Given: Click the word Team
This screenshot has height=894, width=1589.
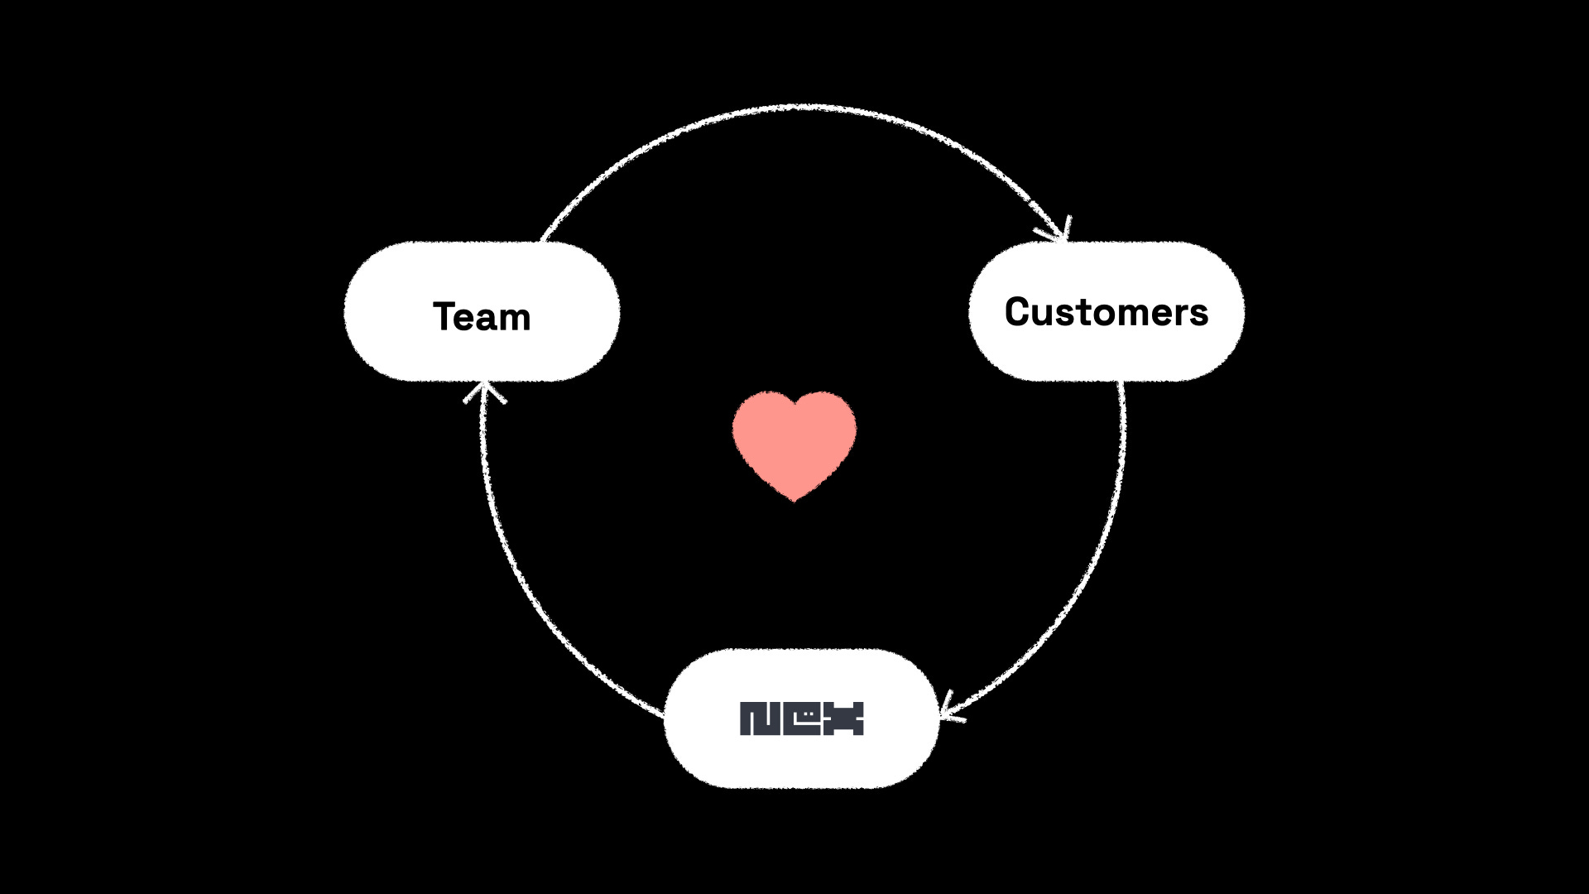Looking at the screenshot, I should pos(482,317).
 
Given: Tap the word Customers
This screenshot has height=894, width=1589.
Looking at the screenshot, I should pos(1106,312).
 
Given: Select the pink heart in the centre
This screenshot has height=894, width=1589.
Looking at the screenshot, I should pos(794,443).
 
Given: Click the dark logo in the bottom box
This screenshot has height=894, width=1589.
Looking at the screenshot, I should pos(801,719).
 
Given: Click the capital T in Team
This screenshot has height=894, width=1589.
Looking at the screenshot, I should pos(445,316).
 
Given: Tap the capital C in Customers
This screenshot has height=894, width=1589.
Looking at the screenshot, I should pos(1018,312).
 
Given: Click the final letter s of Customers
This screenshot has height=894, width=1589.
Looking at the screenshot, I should pos(1199,315).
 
